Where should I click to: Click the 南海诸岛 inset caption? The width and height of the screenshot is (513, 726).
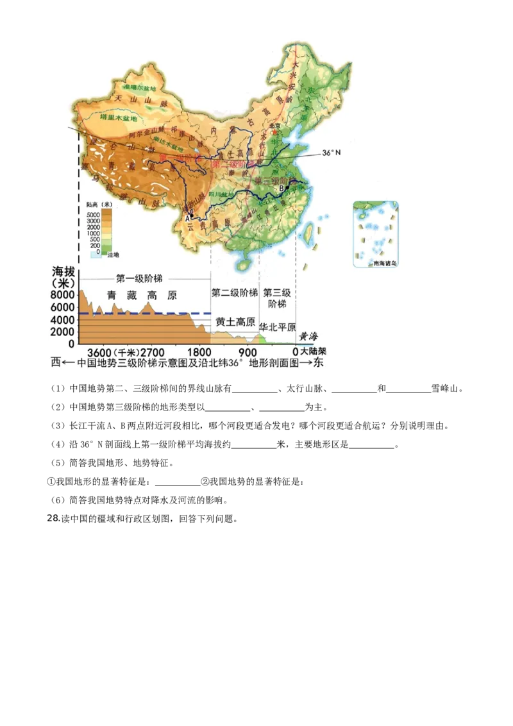pos(376,263)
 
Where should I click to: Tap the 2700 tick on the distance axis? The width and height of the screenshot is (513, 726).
pos(151,352)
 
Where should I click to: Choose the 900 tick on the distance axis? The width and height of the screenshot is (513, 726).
pos(247,352)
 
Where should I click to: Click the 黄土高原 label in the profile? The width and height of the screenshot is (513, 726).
pos(235,321)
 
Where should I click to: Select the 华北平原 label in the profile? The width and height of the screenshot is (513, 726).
pos(277,327)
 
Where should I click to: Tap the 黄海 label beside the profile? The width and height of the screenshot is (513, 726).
pos(308,336)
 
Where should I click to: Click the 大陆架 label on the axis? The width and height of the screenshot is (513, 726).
pos(314,352)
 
